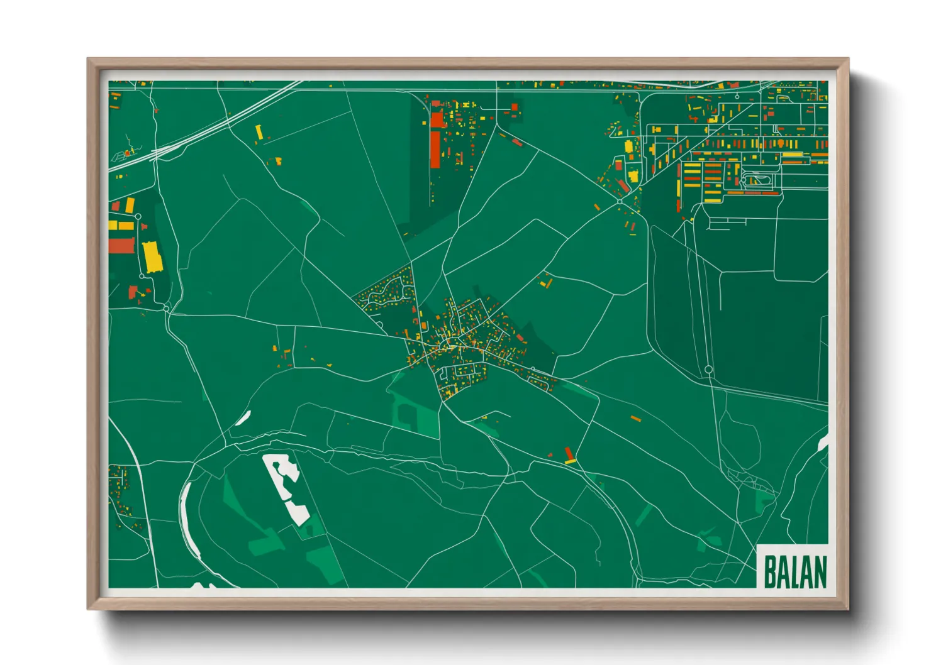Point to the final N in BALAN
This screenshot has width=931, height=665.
pos(819,571)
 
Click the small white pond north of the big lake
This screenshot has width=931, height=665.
pos(243,417)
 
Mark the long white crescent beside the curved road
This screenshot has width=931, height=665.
pos(187,522)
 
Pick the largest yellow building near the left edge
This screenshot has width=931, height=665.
pos(152,257)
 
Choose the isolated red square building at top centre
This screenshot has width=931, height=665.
pos(514,107)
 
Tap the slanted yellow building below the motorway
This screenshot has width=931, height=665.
pos(259,132)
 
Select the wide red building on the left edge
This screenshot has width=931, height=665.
pos(122,245)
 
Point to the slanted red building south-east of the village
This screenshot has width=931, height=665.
pos(569,454)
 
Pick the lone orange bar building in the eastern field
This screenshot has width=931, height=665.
pos(635,417)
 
